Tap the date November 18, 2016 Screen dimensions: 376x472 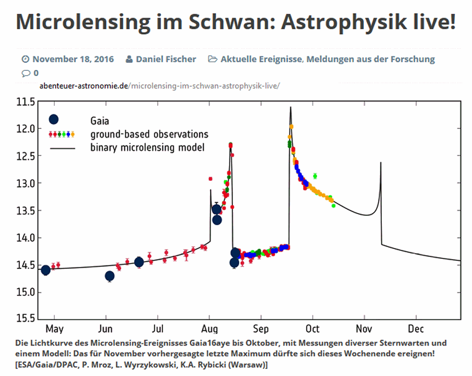click(x=73, y=59)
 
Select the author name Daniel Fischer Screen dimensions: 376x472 click(x=166, y=59)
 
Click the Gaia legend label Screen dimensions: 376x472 click(x=100, y=121)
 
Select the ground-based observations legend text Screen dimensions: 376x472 click(x=149, y=134)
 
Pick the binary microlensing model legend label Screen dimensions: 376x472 click(x=147, y=147)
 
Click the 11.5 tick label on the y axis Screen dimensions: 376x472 click(x=25, y=102)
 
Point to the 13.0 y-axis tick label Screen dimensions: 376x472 click(x=25, y=183)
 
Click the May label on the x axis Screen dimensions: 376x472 click(x=54, y=329)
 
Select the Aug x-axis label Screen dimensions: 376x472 click(x=209, y=329)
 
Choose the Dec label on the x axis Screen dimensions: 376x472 click(x=416, y=329)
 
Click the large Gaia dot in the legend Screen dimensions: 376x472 click(x=53, y=120)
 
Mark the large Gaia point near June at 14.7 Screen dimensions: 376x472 click(x=110, y=276)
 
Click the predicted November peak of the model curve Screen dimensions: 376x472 click(x=381, y=163)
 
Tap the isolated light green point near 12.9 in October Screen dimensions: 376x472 click(x=315, y=176)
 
